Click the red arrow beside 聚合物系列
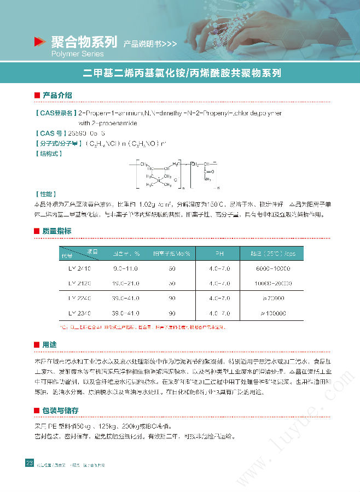pyautogui.click(x=39, y=42)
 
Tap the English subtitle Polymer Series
pyautogui.click(x=77, y=54)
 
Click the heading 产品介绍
pyautogui.click(x=57, y=95)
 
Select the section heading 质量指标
pyautogui.click(x=57, y=231)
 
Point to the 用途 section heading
pyautogui.click(x=49, y=345)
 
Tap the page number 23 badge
pyautogui.click(x=30, y=463)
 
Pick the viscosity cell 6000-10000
pyautogui.click(x=272, y=269)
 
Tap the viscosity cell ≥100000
pyautogui.click(x=272, y=313)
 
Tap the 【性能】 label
pyautogui.click(x=45, y=194)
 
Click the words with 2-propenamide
pyautogui.click(x=107, y=123)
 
